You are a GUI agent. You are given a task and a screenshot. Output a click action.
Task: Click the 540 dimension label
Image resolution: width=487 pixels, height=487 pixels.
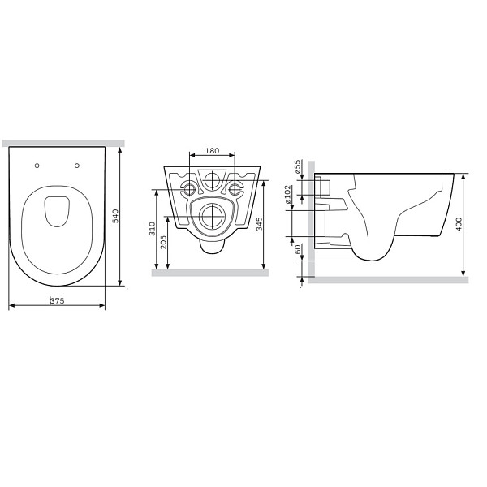pos(115,216)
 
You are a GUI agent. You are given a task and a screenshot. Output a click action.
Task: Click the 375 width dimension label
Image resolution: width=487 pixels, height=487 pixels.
pos(58,300)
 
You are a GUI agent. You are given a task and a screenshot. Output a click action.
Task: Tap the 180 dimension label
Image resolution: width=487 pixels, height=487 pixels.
pos(212,151)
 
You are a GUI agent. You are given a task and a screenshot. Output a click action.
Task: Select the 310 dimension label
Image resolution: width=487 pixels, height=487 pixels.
pos(152,228)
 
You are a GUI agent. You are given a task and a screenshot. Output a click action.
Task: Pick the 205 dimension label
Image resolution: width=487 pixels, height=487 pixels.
pos(163,242)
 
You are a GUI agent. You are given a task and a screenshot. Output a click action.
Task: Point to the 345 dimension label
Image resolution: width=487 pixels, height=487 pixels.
pos(260,224)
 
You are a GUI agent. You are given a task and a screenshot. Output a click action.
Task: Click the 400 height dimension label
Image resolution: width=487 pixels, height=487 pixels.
pos(459,224)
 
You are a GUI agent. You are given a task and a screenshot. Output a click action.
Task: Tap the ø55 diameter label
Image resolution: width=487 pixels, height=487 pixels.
pos(298,166)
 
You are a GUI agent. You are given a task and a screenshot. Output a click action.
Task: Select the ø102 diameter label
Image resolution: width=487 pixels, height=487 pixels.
pos(287,195)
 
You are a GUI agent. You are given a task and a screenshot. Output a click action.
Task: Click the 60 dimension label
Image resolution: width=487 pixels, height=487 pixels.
pos(298,249)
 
